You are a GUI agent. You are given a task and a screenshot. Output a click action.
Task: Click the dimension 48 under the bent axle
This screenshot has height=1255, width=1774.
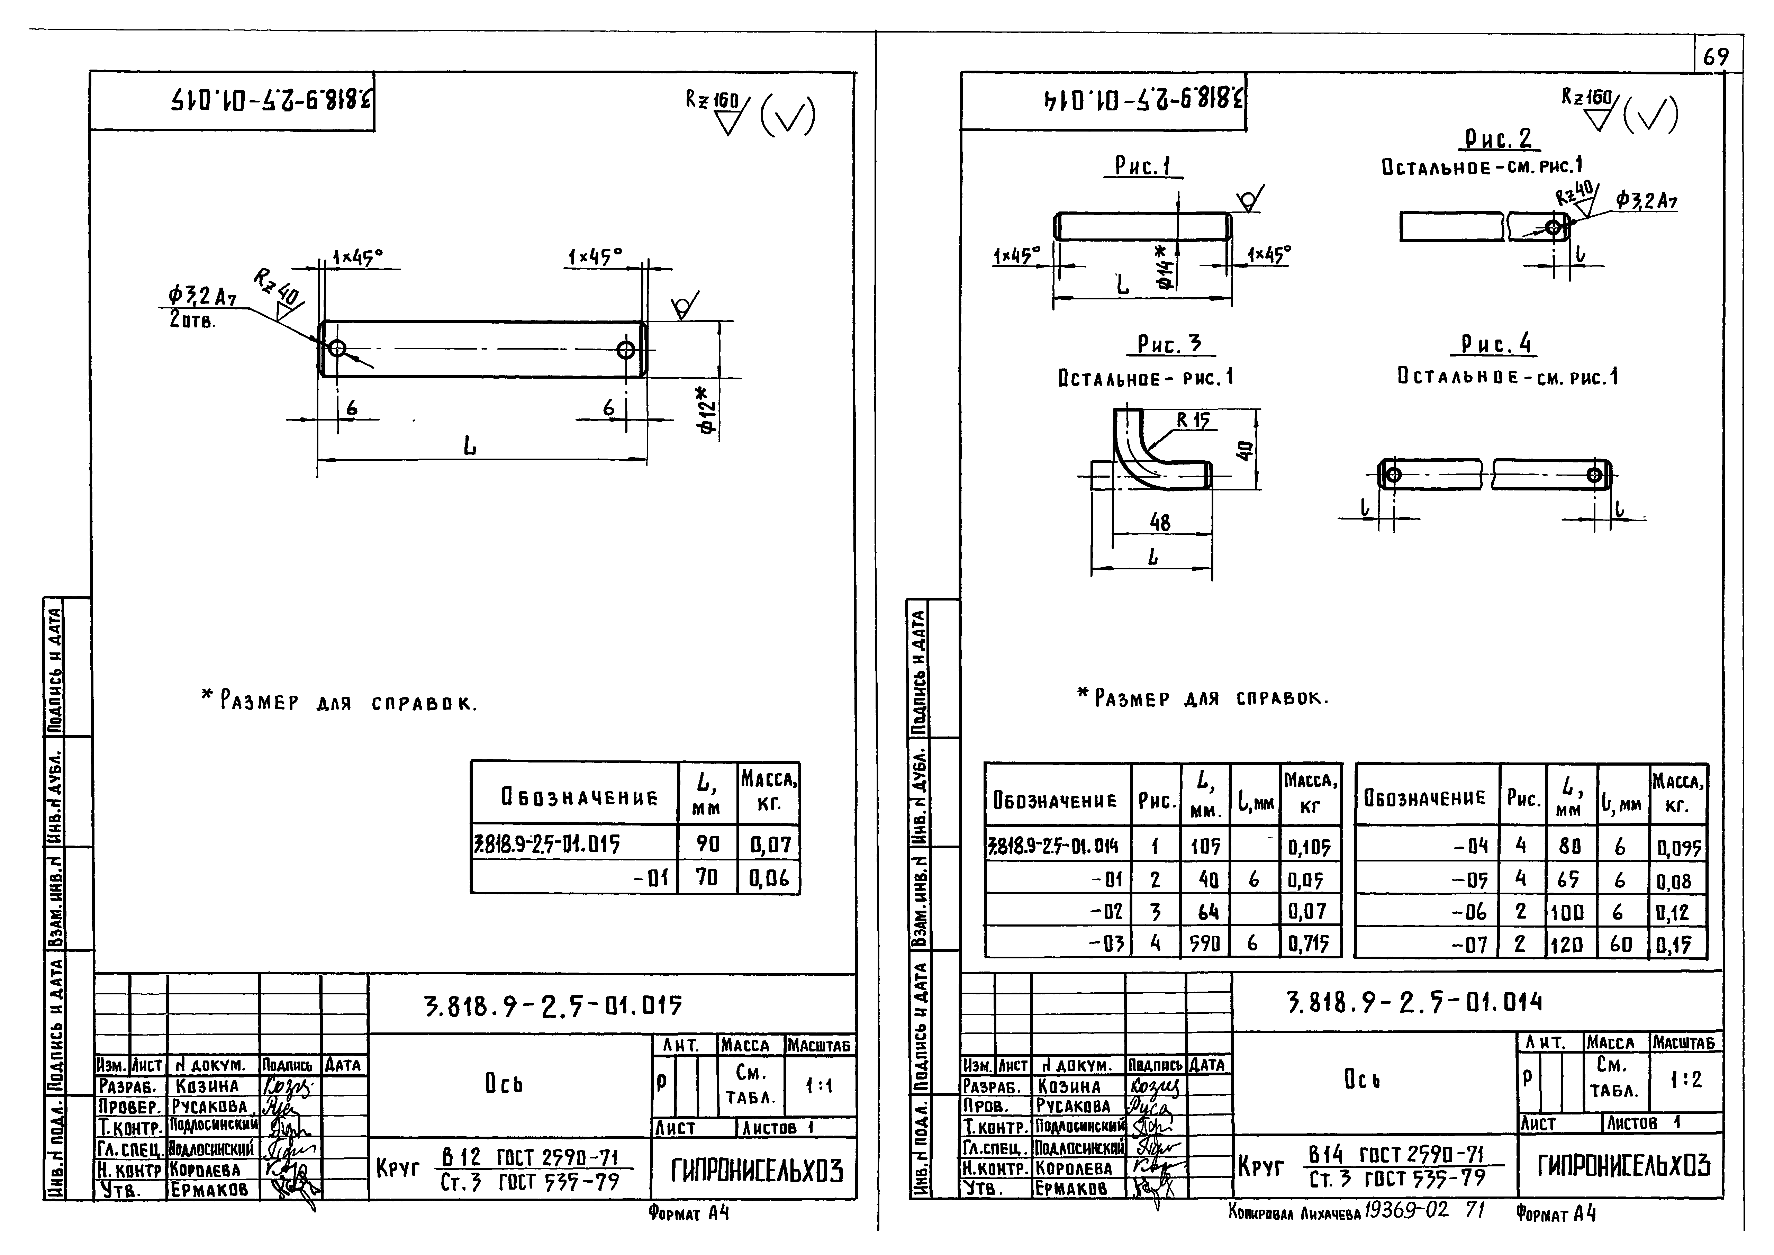(1160, 522)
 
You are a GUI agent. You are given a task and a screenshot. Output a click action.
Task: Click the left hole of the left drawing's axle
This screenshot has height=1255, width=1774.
(337, 348)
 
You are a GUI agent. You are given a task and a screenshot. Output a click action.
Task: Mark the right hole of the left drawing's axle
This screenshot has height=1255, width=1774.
(625, 350)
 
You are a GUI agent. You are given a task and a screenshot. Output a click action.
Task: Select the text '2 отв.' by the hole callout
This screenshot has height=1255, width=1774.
(192, 320)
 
